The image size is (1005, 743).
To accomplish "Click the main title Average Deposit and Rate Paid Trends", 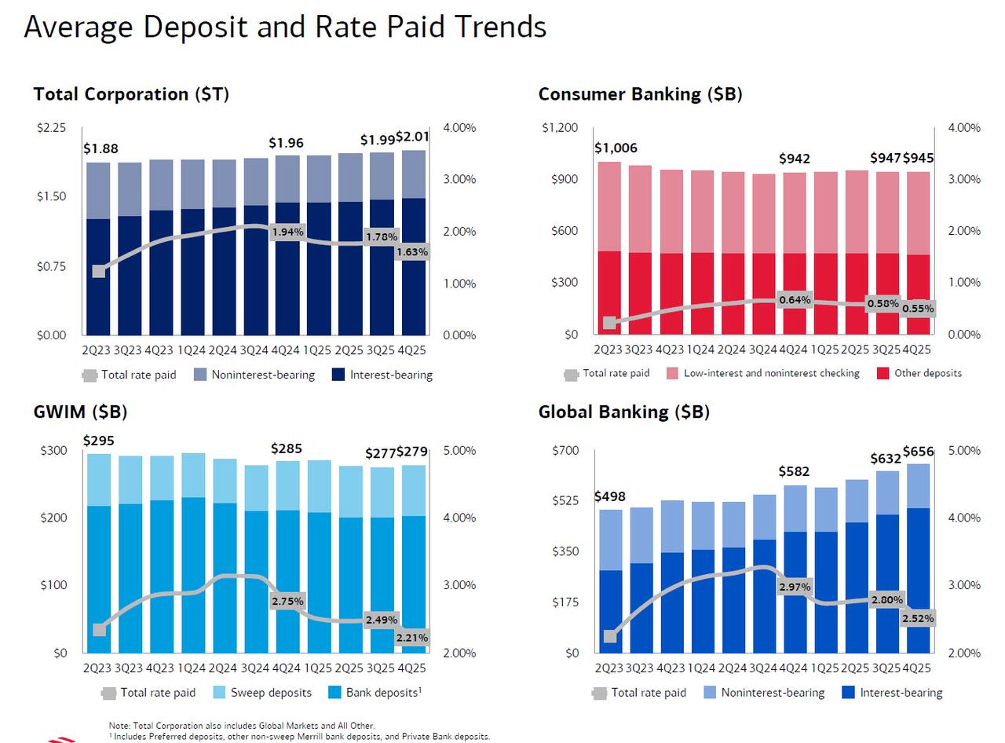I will tap(285, 27).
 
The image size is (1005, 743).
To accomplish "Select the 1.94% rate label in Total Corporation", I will tap(287, 232).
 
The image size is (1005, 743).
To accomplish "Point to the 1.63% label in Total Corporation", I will tap(412, 252).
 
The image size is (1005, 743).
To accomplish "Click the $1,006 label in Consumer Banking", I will tap(616, 148).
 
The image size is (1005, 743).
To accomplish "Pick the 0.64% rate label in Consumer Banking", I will tap(795, 300).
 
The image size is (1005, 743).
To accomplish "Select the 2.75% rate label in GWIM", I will tap(287, 601).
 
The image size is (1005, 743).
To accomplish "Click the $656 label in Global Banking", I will tap(918, 452).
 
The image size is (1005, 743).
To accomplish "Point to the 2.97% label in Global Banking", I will tap(795, 587).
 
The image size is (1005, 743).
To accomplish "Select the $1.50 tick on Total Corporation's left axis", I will tap(51, 196).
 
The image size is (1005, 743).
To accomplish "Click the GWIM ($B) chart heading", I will tap(80, 412).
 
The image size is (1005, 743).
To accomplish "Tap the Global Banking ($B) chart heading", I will tap(623, 412).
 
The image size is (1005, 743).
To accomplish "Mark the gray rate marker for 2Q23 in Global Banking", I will tap(610, 635).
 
